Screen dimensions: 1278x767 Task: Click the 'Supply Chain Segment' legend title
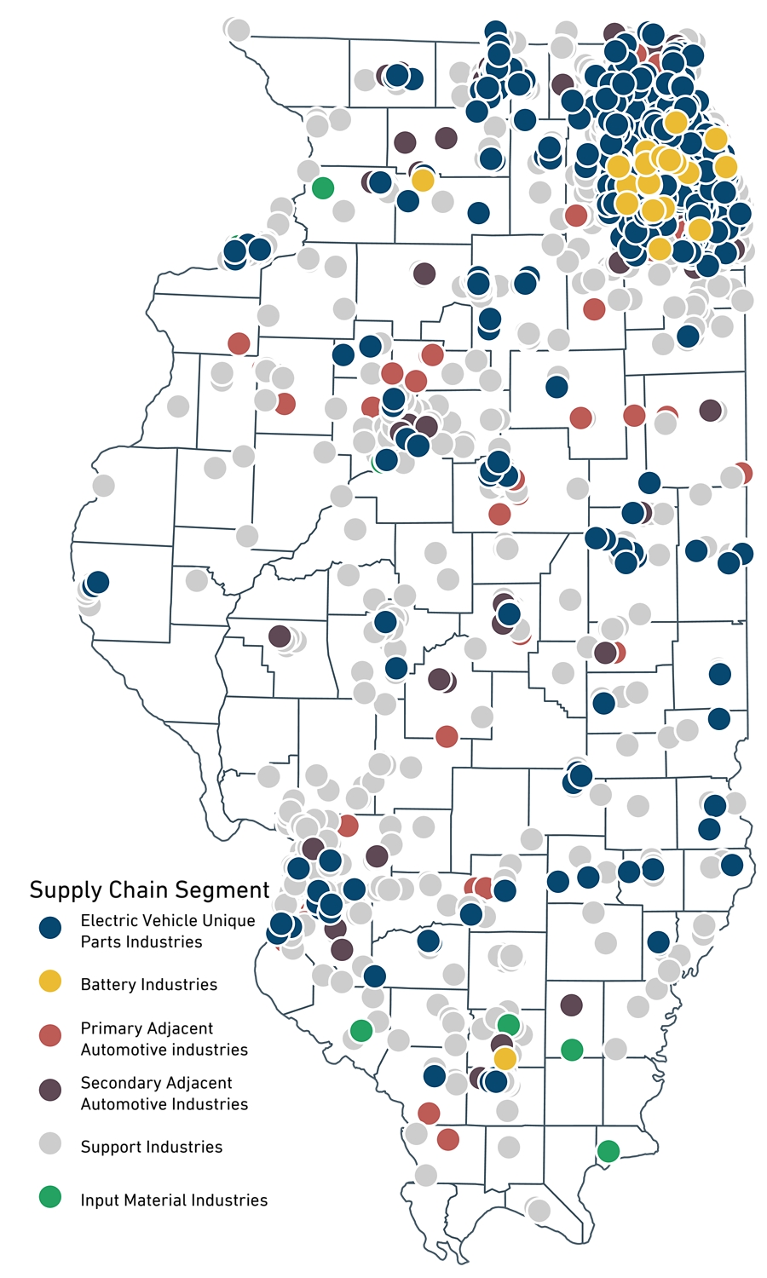coord(149,890)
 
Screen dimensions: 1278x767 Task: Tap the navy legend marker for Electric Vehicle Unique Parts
coord(51,928)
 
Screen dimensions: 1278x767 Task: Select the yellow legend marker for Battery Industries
coord(51,982)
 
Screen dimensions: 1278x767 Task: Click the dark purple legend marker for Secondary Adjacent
coord(51,1090)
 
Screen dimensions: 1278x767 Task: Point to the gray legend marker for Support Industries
coord(51,1144)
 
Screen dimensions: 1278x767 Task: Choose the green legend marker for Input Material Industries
coord(51,1197)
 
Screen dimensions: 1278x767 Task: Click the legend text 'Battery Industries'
coord(149,985)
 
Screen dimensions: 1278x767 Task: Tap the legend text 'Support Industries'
coord(152,1147)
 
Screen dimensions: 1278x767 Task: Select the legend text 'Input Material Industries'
coord(174,1200)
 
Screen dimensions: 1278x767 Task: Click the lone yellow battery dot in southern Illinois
coord(505,1058)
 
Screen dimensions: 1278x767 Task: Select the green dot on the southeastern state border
coord(608,1151)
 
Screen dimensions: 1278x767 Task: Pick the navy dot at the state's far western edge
coord(97,583)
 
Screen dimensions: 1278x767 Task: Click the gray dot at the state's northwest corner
coord(238,30)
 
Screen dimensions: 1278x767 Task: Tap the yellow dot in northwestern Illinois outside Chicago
coord(423,180)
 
